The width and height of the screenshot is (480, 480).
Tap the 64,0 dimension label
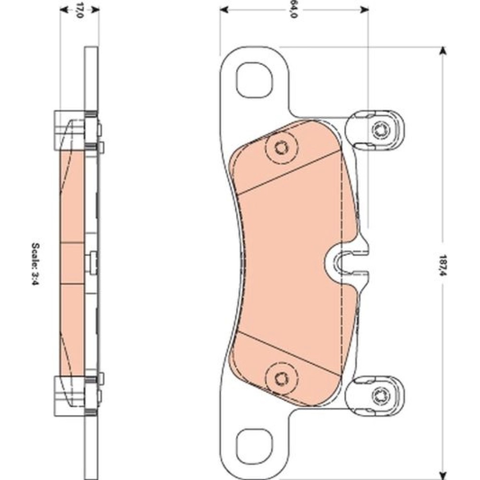click(293, 10)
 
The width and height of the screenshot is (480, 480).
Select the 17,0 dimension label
click(79, 10)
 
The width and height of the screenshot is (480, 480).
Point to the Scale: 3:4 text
click(36, 264)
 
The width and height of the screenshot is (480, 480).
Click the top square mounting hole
click(254, 80)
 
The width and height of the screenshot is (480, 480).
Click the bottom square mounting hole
click(254, 446)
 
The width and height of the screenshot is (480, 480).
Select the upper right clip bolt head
click(381, 130)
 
